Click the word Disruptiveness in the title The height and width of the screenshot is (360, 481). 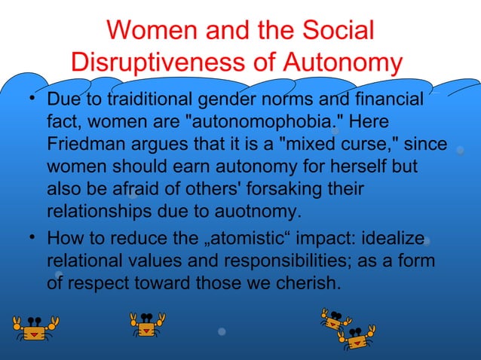tap(155, 63)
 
